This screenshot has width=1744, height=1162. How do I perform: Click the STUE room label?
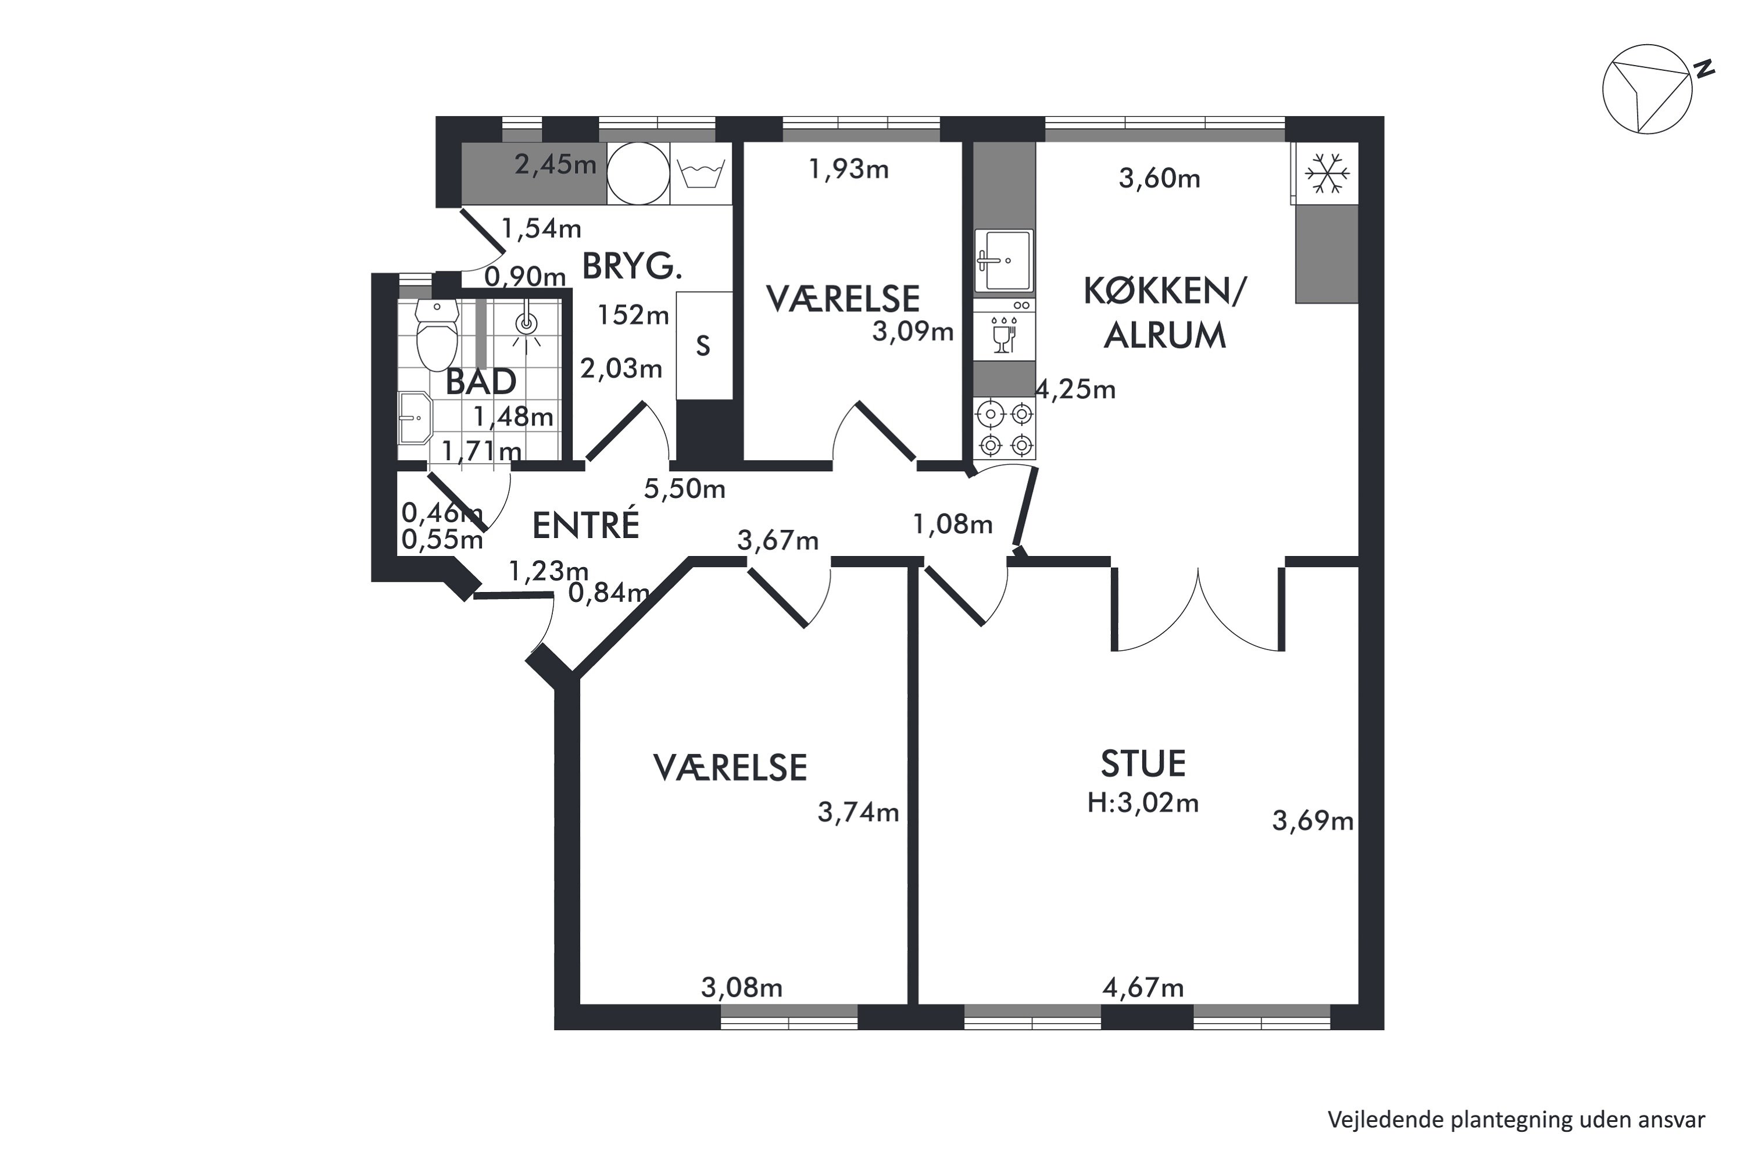click(x=1143, y=764)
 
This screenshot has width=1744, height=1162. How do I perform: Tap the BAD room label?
click(x=481, y=382)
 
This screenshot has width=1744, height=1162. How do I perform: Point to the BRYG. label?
click(x=632, y=266)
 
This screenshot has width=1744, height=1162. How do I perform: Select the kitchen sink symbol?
click(x=1004, y=260)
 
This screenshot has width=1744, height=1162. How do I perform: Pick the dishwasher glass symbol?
click(x=1003, y=336)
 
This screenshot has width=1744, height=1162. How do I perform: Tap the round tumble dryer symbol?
click(x=638, y=173)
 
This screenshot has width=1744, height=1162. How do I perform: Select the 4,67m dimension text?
click(x=1143, y=987)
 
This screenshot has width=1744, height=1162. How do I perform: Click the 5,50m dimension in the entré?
click(x=684, y=489)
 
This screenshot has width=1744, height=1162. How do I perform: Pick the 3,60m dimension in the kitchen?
click(x=1159, y=178)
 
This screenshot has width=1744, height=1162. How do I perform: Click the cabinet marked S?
click(x=703, y=345)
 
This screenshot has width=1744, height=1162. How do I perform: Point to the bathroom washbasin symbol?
click(x=414, y=417)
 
